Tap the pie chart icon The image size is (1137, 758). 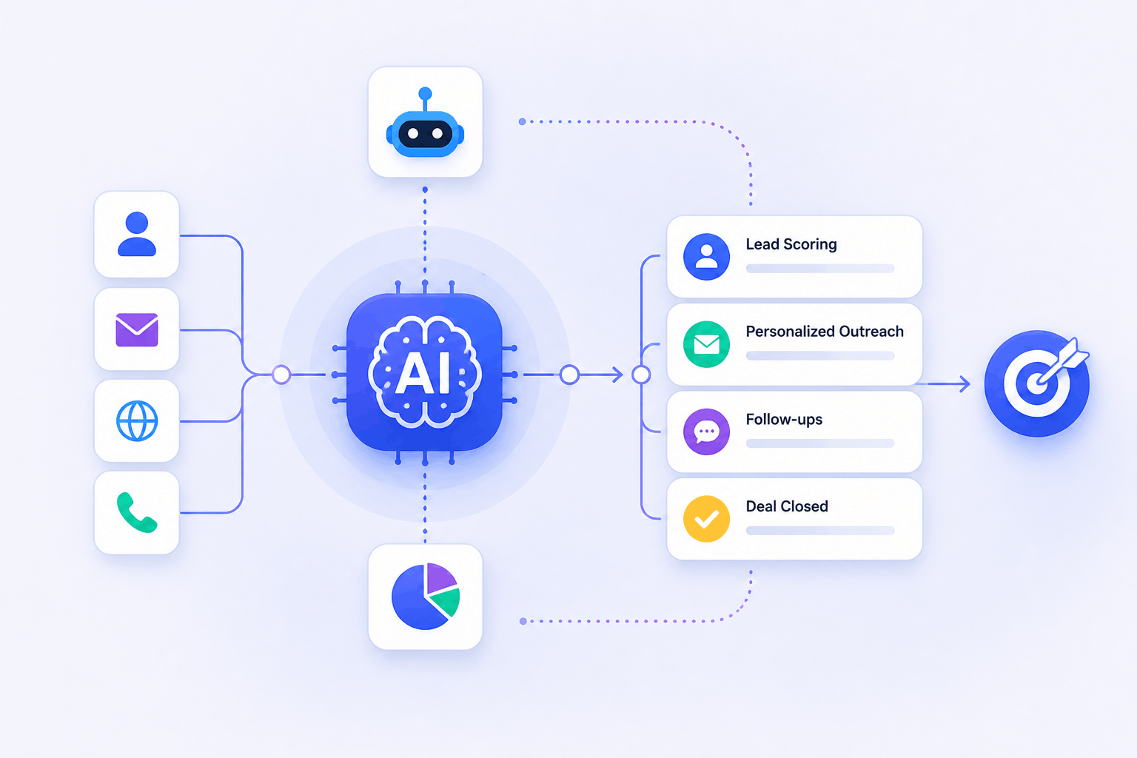pyautogui.click(x=426, y=596)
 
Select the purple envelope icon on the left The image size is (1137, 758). pyautogui.click(x=137, y=330)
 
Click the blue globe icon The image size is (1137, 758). pyautogui.click(x=137, y=421)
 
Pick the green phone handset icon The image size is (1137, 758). pyautogui.click(x=136, y=512)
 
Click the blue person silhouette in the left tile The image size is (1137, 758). pyautogui.click(x=137, y=234)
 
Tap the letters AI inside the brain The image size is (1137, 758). pyautogui.click(x=423, y=373)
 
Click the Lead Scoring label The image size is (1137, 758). pyautogui.click(x=791, y=244)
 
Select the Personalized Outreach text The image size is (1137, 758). pyautogui.click(x=825, y=332)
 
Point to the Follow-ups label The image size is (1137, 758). pyautogui.click(x=784, y=420)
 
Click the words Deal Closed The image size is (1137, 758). pyautogui.click(x=787, y=506)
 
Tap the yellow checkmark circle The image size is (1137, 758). pyautogui.click(x=707, y=519)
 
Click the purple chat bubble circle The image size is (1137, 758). pyautogui.click(x=707, y=432)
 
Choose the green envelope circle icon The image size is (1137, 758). pyautogui.click(x=707, y=344)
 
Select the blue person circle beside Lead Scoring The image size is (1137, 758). pyautogui.click(x=707, y=256)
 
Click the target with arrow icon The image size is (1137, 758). pyautogui.click(x=1036, y=383)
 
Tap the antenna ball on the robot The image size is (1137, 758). pyautogui.click(x=426, y=93)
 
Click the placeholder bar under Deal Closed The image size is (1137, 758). pyautogui.click(x=820, y=531)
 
